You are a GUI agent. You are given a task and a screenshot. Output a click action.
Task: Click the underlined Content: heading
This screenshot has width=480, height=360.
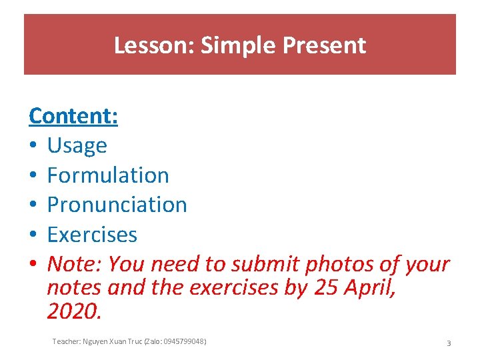pos(73,116)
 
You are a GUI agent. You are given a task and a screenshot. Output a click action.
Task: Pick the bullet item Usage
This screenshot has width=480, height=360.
pos(77,145)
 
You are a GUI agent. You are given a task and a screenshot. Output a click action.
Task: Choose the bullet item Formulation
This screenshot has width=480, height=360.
pos(108,175)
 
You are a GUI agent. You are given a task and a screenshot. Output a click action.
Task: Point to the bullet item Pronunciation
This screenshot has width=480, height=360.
pos(117,205)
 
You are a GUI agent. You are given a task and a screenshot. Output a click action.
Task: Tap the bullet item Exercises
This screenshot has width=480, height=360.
pos(92,235)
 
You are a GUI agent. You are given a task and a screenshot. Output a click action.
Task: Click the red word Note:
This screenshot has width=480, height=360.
pos(75,265)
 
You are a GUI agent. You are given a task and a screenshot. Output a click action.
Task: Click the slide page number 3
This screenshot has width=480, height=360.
pos(449,343)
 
